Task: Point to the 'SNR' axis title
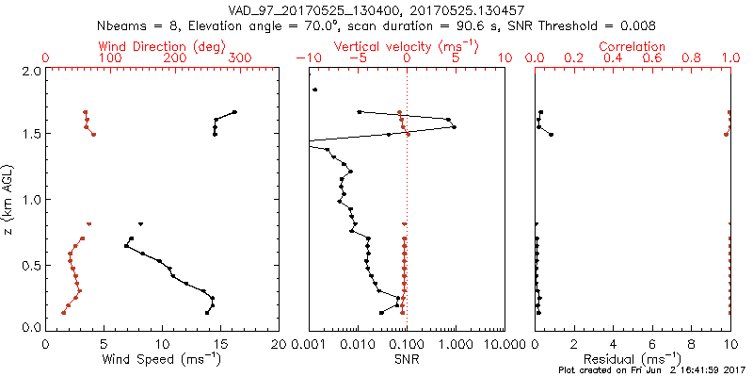[407, 358]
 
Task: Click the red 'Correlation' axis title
[633, 45]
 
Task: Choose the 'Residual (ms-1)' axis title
[633, 358]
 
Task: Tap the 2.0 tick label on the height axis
[30, 71]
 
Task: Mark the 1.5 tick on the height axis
[30, 135]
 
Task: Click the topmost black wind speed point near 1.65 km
[234, 112]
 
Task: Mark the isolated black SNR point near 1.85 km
[315, 90]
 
